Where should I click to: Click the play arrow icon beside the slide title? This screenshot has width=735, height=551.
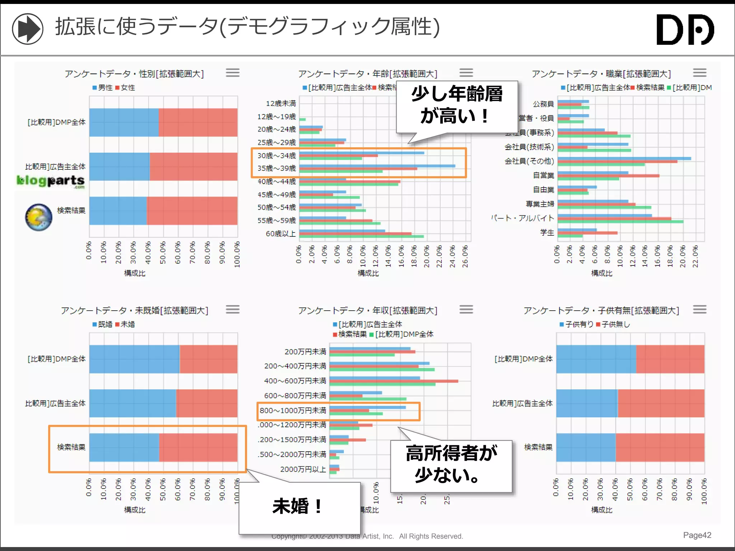tap(28, 29)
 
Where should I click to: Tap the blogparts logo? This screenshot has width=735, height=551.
tap(51, 181)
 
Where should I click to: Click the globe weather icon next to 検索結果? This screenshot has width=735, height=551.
tap(39, 217)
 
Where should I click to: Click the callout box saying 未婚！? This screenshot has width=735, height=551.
tap(299, 507)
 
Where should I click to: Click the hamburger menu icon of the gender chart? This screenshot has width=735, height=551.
tap(233, 73)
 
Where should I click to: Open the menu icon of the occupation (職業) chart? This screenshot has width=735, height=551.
tap(699, 73)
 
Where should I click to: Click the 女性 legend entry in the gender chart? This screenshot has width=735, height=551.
tap(125, 88)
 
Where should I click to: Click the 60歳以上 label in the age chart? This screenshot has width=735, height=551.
tap(281, 234)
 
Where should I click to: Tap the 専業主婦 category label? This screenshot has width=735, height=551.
tap(540, 204)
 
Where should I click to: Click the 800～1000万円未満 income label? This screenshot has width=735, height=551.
tap(293, 410)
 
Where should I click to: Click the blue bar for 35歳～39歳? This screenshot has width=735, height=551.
tap(377, 166)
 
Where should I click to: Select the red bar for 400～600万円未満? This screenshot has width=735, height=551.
tap(393, 381)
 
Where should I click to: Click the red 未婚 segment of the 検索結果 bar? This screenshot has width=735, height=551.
tap(198, 447)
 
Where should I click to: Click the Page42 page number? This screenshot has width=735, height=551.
tap(697, 535)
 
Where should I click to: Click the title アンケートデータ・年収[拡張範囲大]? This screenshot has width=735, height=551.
tap(367, 311)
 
